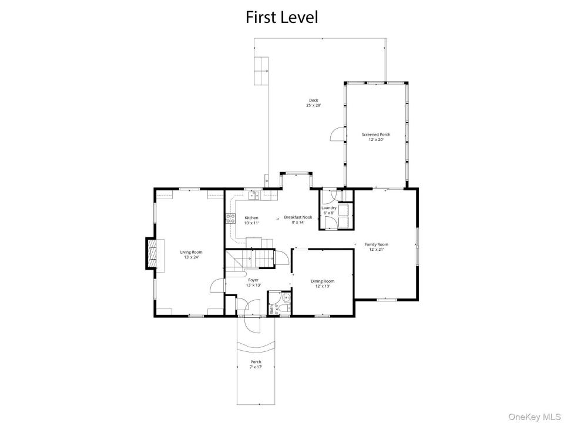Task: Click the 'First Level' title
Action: click(281, 17)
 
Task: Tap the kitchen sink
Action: click(254, 195)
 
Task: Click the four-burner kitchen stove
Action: click(230, 219)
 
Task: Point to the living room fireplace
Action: click(152, 253)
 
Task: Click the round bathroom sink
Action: click(286, 298)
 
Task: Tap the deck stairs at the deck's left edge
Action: click(261, 71)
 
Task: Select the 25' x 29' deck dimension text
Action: click(313, 106)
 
